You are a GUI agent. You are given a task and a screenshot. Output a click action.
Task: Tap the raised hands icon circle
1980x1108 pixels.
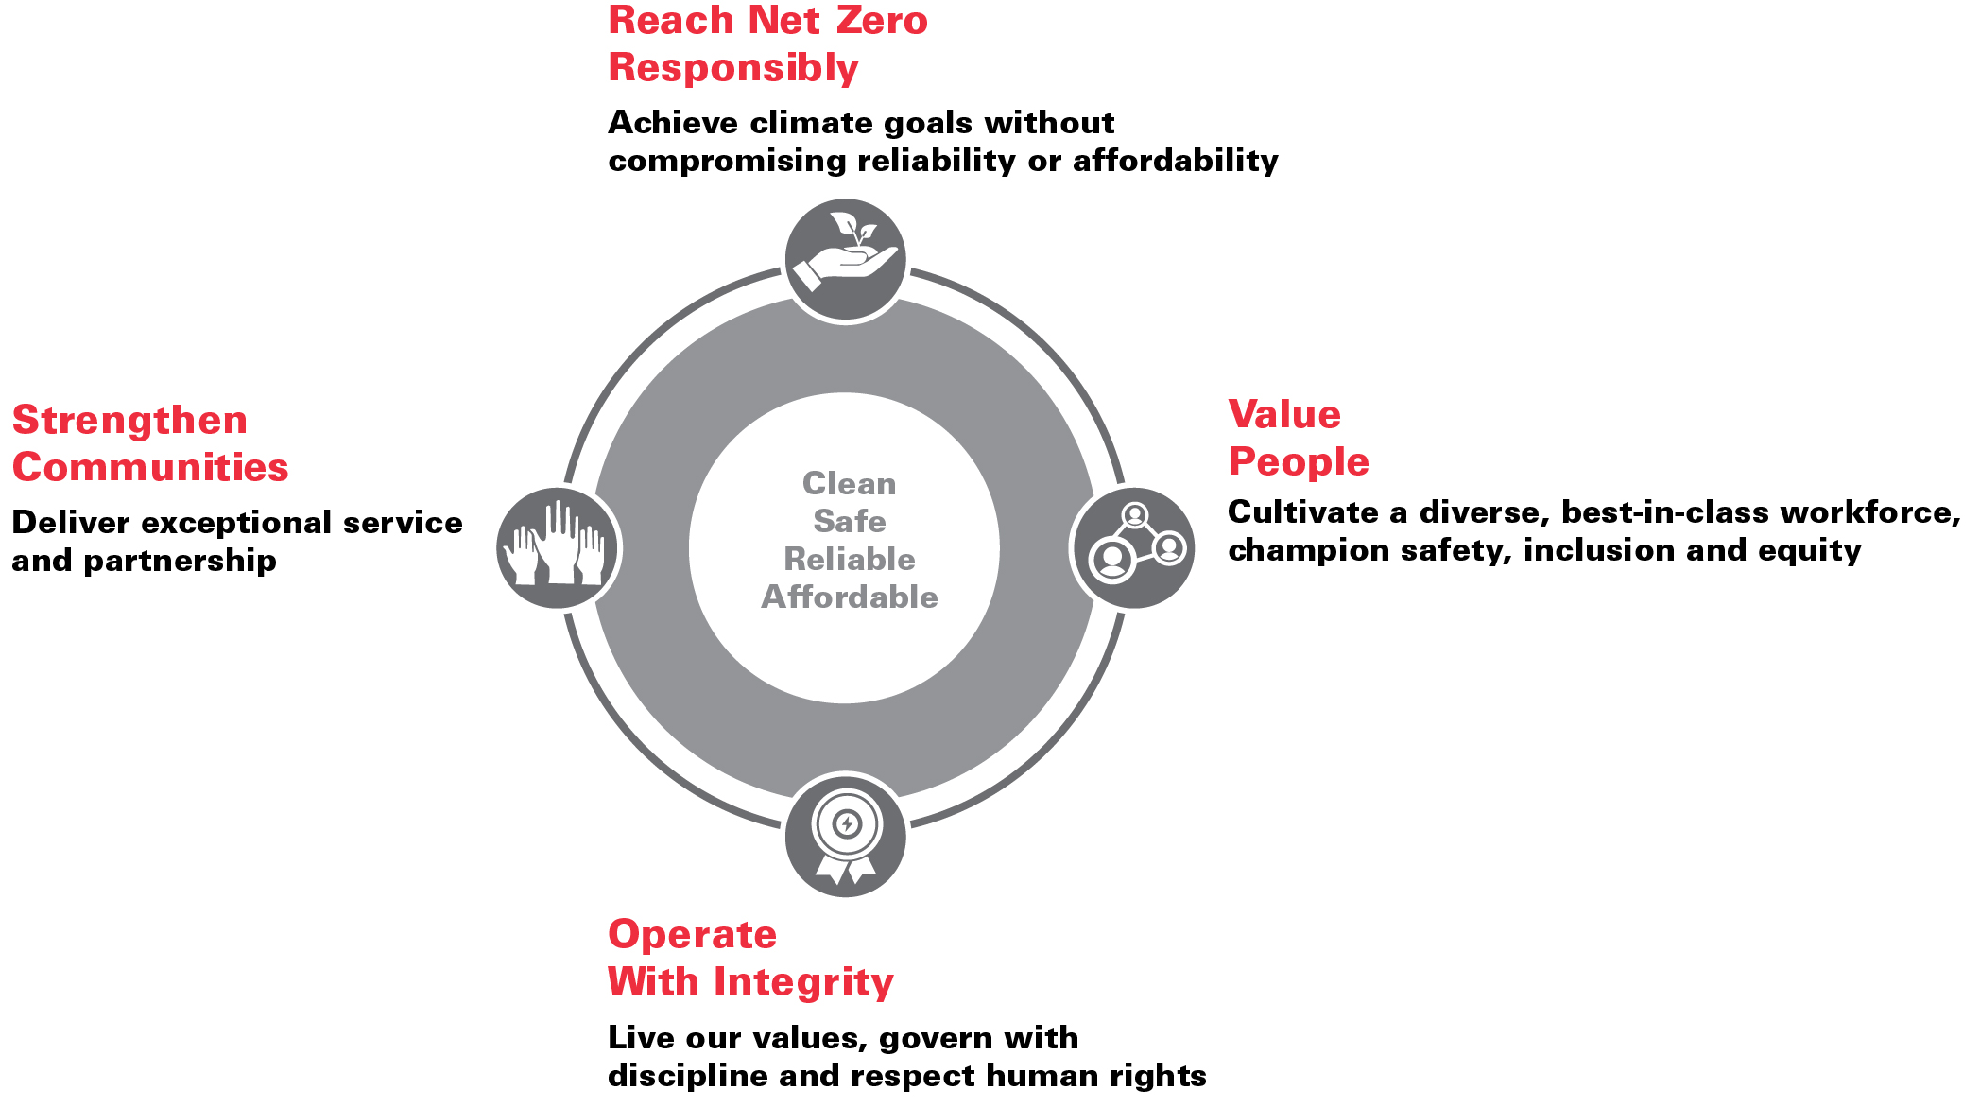point(558,548)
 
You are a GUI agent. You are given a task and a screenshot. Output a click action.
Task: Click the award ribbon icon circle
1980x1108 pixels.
point(846,837)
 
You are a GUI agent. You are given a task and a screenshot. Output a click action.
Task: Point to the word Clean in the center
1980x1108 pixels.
point(849,484)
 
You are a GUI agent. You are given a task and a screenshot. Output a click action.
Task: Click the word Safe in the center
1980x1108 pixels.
point(850,522)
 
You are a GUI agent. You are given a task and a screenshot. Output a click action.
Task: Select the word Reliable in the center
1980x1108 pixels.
point(850,560)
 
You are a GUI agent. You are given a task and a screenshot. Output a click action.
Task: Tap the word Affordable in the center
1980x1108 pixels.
point(850,597)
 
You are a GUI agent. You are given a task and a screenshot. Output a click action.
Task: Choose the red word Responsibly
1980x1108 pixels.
point(733,68)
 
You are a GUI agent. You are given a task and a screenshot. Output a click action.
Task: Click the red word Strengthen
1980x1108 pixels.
point(129,421)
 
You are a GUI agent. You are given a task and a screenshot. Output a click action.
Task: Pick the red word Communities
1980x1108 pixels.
point(150,468)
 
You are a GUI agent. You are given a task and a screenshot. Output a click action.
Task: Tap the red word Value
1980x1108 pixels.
point(1284,415)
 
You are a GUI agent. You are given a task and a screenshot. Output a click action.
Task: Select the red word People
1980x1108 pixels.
point(1299,462)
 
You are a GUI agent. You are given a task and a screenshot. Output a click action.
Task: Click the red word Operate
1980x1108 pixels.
point(692,935)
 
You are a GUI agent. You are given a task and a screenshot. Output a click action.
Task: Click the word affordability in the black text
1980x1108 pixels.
point(1175,162)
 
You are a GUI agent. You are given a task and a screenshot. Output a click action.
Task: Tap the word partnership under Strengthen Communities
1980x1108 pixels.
point(181,562)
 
